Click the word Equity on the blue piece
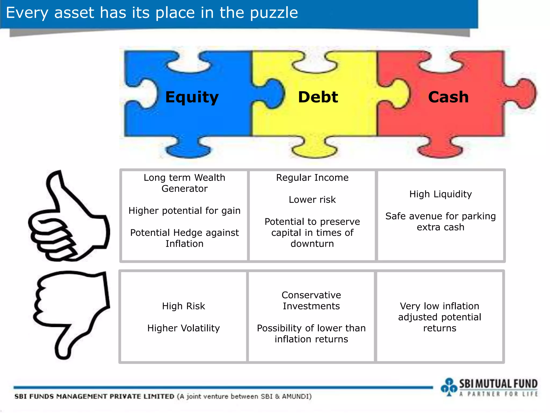point(192,97)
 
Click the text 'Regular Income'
point(312,178)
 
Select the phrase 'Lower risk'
point(312,200)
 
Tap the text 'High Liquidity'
point(440,194)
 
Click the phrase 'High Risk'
point(183,306)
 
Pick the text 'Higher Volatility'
point(183,328)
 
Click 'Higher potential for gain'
point(184,211)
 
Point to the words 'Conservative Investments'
point(311,301)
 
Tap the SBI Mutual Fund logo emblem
point(449,387)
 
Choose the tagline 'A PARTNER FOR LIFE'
point(498,394)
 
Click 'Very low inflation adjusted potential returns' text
point(440,317)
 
